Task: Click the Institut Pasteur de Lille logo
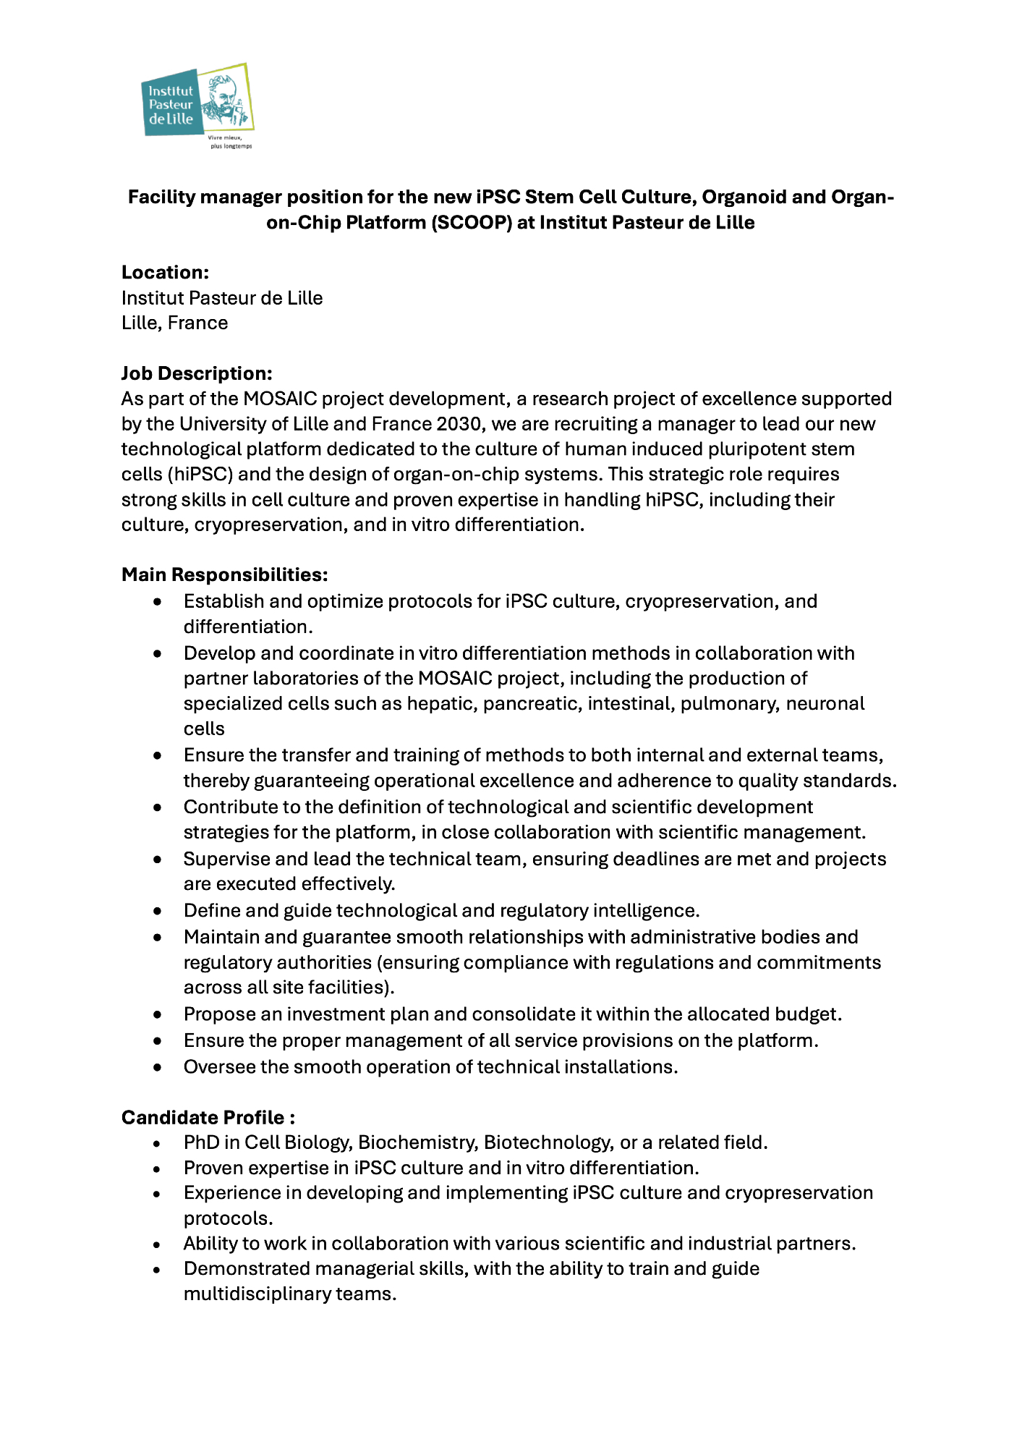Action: (197, 106)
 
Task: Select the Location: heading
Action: (165, 272)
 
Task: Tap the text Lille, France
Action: (174, 323)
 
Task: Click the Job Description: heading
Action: (197, 373)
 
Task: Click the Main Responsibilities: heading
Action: (224, 574)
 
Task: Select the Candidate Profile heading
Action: (208, 1117)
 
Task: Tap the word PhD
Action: (201, 1142)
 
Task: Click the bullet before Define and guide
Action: (158, 911)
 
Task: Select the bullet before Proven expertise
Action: (158, 1168)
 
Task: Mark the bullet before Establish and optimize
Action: (158, 602)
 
